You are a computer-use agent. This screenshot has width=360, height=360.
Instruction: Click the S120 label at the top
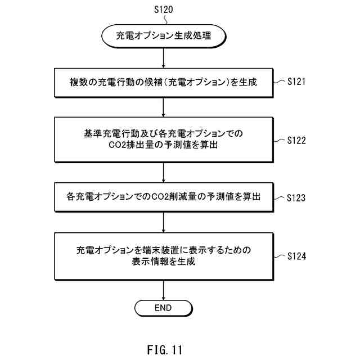(163, 10)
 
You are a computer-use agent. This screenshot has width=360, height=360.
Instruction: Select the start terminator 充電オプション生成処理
(163, 35)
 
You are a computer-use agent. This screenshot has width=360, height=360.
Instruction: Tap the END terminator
(163, 308)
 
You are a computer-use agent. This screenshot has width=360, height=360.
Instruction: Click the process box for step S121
(163, 82)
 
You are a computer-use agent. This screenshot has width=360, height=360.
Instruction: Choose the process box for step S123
(163, 197)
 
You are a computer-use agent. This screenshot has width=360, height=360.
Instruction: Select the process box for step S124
(163, 256)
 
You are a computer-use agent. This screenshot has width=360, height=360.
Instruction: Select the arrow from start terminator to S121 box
(163, 57)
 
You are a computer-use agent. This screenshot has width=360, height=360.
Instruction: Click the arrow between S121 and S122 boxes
(163, 106)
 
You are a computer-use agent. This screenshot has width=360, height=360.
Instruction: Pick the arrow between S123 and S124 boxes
(163, 222)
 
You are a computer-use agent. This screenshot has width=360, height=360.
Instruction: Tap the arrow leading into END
(163, 289)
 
